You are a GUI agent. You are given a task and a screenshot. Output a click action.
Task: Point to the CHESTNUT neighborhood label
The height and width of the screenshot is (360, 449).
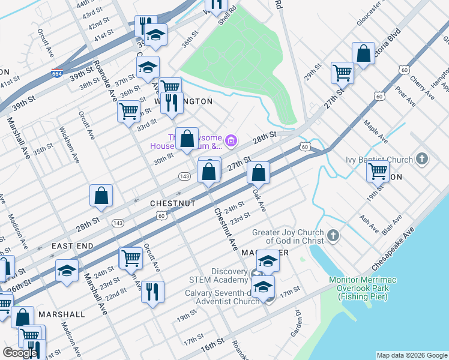(x=173, y=204)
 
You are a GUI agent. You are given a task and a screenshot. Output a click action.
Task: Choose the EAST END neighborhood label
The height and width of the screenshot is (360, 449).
(x=72, y=247)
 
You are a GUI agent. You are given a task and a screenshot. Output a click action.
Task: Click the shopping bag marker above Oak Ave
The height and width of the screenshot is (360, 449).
(x=258, y=173)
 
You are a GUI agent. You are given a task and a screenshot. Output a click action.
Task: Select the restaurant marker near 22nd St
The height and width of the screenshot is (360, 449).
(x=152, y=292)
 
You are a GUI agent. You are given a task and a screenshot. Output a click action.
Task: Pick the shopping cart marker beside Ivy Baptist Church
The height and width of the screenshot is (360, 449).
(x=378, y=171)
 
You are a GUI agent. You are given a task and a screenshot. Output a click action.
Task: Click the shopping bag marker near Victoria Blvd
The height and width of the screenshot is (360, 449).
(x=363, y=53)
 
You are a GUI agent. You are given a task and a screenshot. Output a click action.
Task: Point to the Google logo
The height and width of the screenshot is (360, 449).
(x=20, y=353)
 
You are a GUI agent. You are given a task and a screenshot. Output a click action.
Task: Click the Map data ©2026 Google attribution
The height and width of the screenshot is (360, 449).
(x=411, y=355)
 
